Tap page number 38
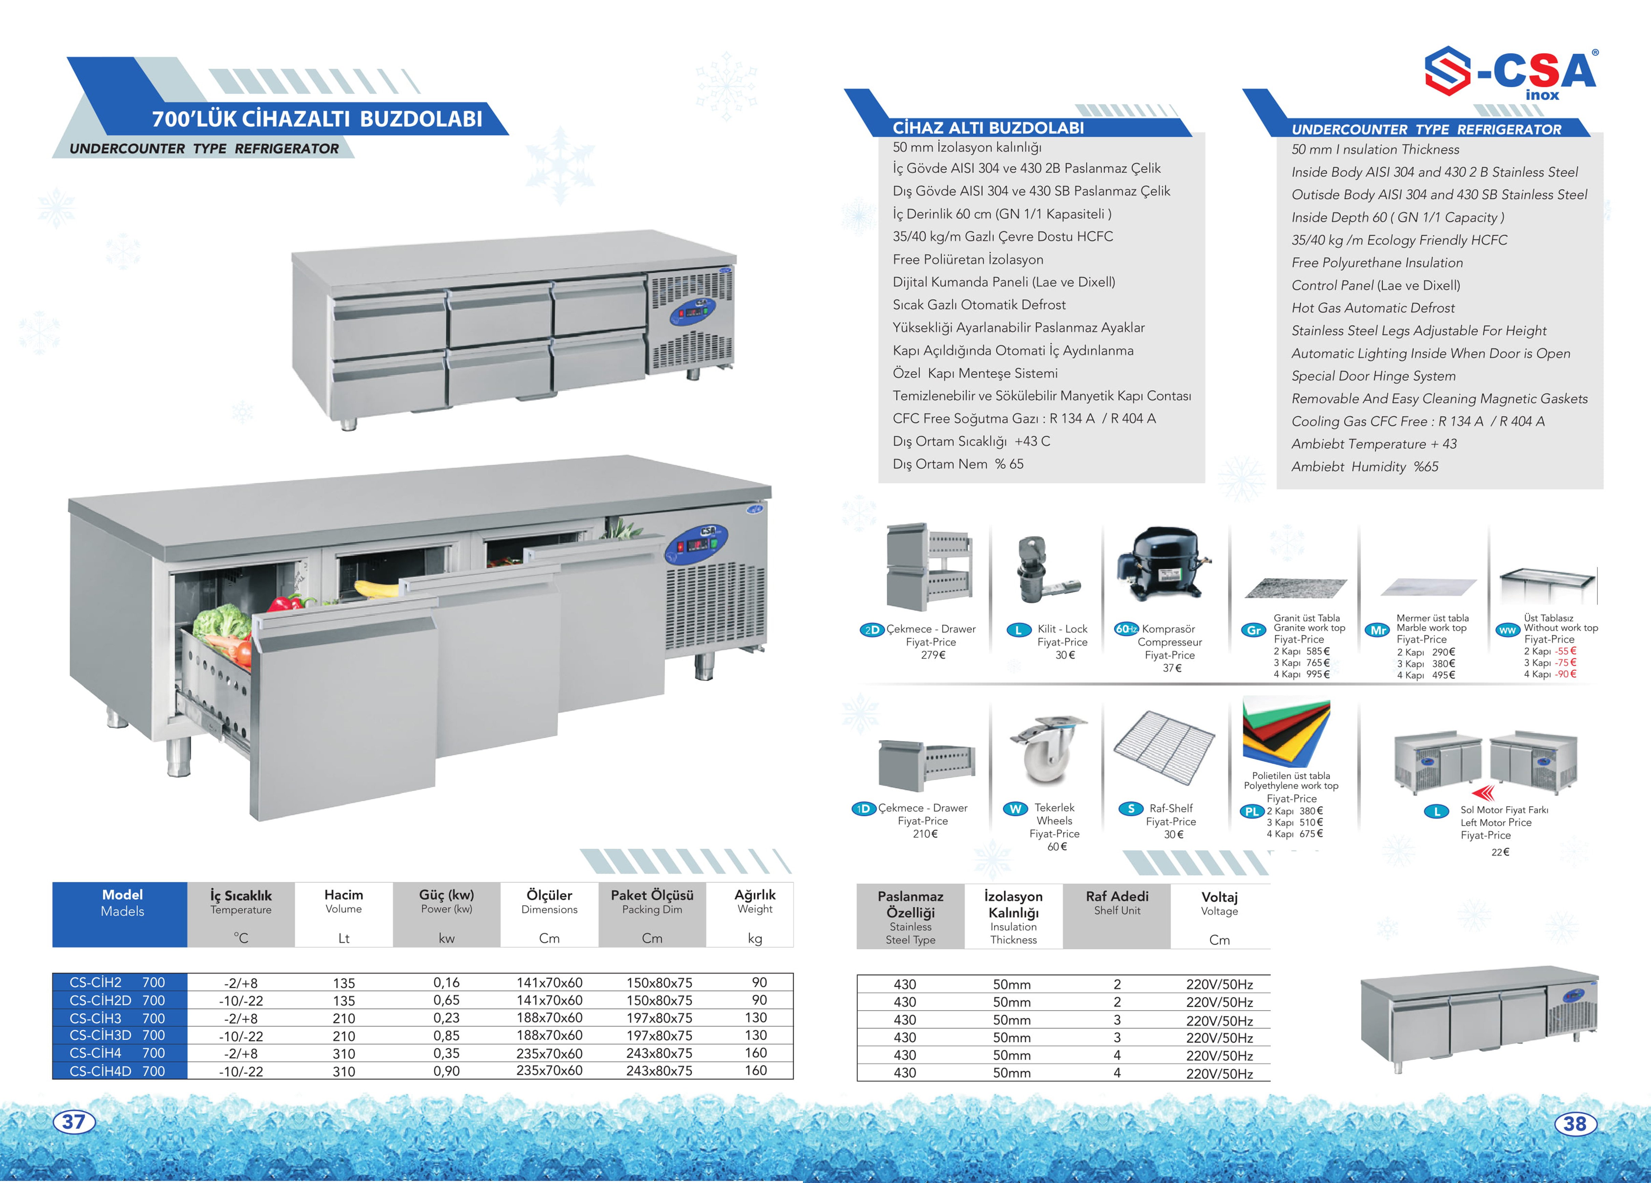1575,1123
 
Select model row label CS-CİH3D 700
118,1035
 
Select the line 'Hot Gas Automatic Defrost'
1372,308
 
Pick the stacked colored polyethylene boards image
1286,734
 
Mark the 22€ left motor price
1500,852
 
